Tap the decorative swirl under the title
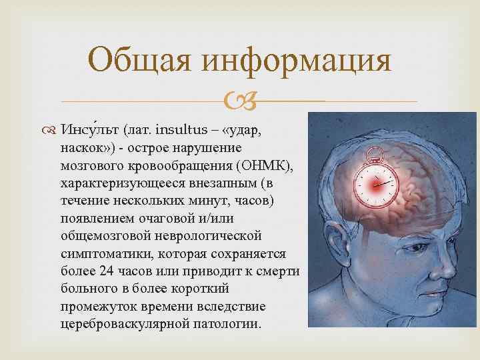point(239,101)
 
